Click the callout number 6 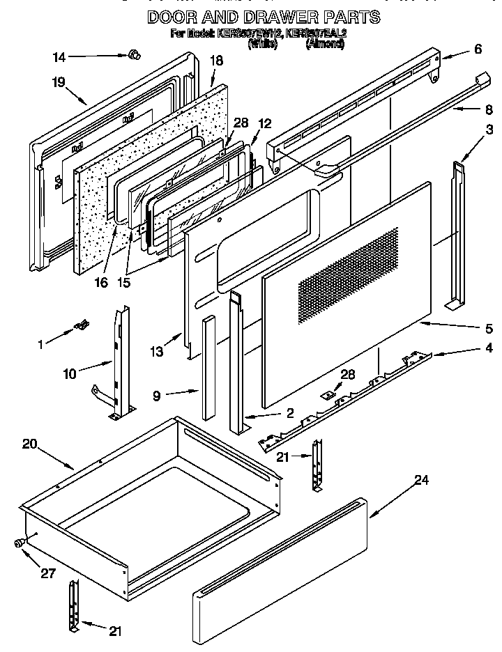[478, 49]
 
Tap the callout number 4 [489, 346]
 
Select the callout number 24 [420, 479]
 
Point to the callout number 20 [29, 445]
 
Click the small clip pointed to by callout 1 [83, 323]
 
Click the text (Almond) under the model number [325, 44]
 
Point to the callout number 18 [216, 61]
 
